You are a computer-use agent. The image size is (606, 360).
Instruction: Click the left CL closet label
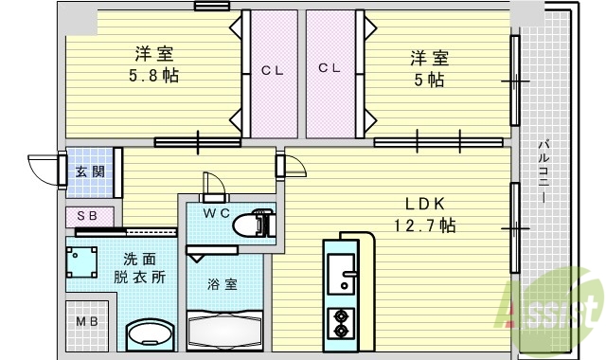272,69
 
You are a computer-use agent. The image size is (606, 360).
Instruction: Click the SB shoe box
87,216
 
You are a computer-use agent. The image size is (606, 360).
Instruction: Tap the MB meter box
87,322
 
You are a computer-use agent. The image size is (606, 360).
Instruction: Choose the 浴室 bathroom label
223,282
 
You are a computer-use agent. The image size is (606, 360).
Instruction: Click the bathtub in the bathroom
224,332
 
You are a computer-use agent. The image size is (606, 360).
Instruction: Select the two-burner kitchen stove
340,322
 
